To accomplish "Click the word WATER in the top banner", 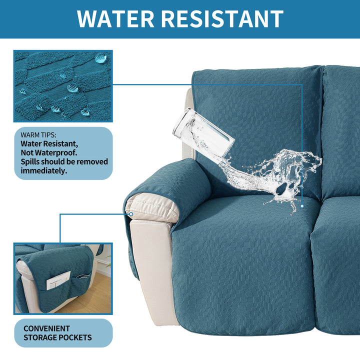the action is (115, 19).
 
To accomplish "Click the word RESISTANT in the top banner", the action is (222, 19).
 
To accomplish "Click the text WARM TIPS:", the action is (38, 135).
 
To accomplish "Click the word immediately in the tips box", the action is (44, 170).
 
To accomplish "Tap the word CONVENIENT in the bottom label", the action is (46, 328).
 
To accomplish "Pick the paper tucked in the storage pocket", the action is (58, 280).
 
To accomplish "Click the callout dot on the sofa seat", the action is (302, 206).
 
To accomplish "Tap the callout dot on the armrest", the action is (131, 214).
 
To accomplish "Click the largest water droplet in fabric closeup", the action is (101, 58).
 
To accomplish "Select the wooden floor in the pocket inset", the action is (92, 296).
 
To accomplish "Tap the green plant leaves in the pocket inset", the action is (108, 261).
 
